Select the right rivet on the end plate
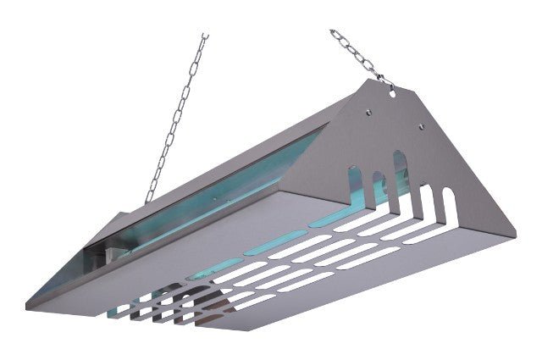[x=421, y=126]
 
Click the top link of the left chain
[x=203, y=38]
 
